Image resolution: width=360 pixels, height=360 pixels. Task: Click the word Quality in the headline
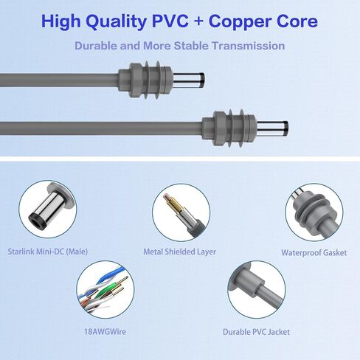tap(117, 22)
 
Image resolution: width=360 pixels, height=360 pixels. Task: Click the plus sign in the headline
tap(198, 21)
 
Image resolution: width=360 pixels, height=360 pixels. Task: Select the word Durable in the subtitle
tap(96, 46)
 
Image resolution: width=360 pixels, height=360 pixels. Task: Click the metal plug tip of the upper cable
tap(189, 80)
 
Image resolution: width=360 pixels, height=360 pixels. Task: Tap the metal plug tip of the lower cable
tap(272, 128)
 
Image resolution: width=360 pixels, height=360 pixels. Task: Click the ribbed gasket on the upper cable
tap(145, 80)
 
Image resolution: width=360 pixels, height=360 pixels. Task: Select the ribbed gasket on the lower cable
tap(229, 128)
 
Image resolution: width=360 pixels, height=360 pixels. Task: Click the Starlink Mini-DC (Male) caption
tap(48, 252)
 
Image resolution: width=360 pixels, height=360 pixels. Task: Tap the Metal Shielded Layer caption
tap(179, 252)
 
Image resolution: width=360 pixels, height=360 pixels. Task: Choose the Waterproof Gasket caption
tap(314, 252)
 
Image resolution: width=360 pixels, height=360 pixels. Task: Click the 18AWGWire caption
tap(105, 332)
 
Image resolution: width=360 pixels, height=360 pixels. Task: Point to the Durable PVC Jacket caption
tap(256, 332)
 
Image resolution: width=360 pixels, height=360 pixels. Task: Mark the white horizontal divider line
tap(180, 159)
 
